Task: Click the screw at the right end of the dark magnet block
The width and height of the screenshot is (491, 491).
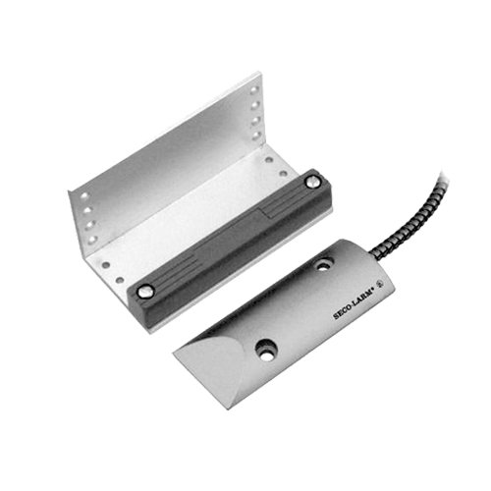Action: [x=312, y=182]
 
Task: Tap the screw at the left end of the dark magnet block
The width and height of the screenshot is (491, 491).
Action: [x=144, y=291]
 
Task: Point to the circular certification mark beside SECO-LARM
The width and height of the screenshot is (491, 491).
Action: [x=380, y=284]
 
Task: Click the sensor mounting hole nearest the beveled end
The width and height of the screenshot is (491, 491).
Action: [x=266, y=350]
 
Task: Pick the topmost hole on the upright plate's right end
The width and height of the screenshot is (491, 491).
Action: [x=254, y=90]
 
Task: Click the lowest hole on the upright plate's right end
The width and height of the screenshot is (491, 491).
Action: [x=255, y=135]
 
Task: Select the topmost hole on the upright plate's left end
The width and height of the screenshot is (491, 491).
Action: [x=84, y=195]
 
